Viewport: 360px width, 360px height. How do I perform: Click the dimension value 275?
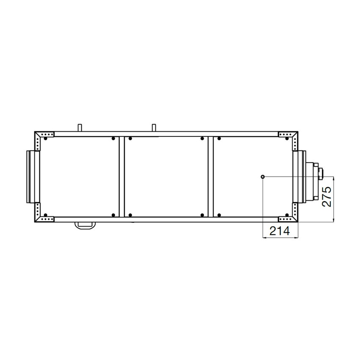326,196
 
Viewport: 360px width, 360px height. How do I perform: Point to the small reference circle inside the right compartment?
263,176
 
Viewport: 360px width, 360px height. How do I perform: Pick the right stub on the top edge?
155,127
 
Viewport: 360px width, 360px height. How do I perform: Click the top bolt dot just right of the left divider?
131,138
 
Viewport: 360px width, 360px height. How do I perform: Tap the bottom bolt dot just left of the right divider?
202,215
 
